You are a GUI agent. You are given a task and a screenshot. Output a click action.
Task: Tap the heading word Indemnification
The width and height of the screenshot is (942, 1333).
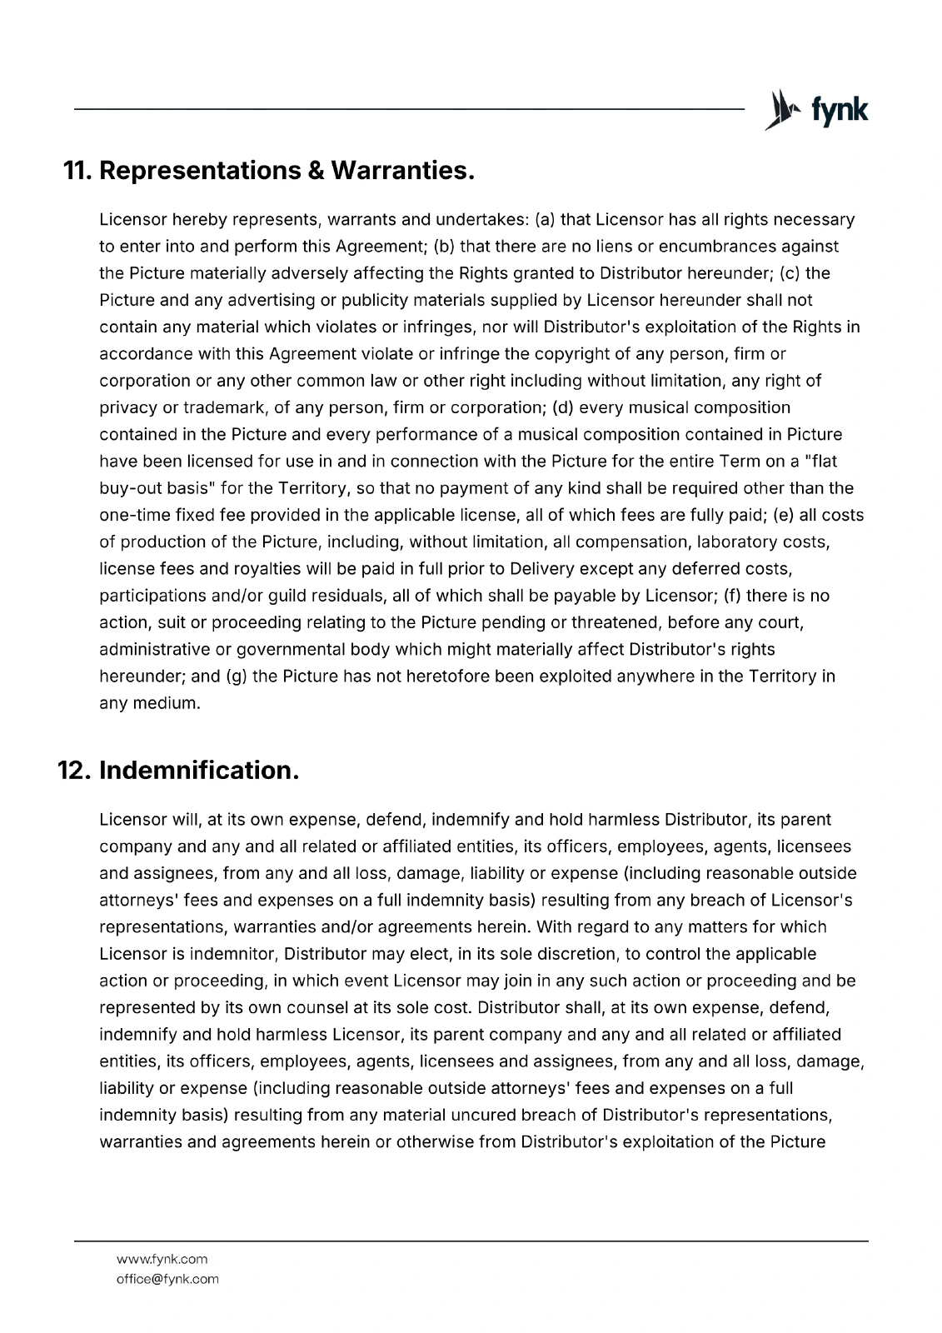(199, 770)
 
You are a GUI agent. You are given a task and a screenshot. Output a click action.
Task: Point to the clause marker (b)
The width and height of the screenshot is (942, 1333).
(444, 247)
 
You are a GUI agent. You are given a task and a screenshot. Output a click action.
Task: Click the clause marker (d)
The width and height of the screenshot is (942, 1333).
(562, 407)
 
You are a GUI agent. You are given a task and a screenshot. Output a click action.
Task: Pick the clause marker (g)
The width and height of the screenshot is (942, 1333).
(237, 676)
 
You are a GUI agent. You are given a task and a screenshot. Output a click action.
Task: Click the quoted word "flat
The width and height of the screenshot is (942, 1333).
(823, 461)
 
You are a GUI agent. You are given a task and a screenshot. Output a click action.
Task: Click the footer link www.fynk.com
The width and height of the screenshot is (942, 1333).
(162, 1259)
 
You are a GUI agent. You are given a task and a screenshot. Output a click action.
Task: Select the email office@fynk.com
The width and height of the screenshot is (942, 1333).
(167, 1279)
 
